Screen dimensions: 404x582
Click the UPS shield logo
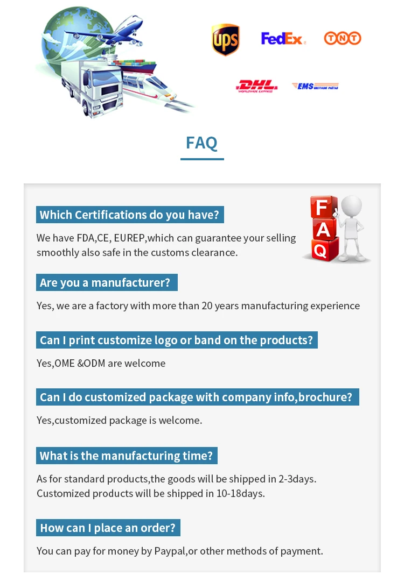pyautogui.click(x=225, y=40)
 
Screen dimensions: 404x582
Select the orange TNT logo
pyautogui.click(x=342, y=38)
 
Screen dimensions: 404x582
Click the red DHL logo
pyautogui.click(x=257, y=86)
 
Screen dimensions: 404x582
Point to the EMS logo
pyautogui.click(x=315, y=86)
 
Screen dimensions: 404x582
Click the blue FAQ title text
pyautogui.click(x=201, y=143)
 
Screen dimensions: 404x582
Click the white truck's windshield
pyautogui.click(x=105, y=79)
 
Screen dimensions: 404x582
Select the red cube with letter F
pyautogui.click(x=323, y=207)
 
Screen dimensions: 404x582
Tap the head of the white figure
pyautogui.click(x=351, y=205)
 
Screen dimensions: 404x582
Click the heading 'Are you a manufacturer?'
pyautogui.click(x=105, y=283)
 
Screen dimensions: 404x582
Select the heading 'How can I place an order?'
pyautogui.click(x=108, y=528)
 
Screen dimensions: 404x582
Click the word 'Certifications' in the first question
pyautogui.click(x=110, y=215)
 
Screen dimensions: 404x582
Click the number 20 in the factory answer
pyautogui.click(x=207, y=306)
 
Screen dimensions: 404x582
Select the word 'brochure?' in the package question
pyautogui.click(x=325, y=398)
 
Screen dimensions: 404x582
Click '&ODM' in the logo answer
pyautogui.click(x=91, y=364)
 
